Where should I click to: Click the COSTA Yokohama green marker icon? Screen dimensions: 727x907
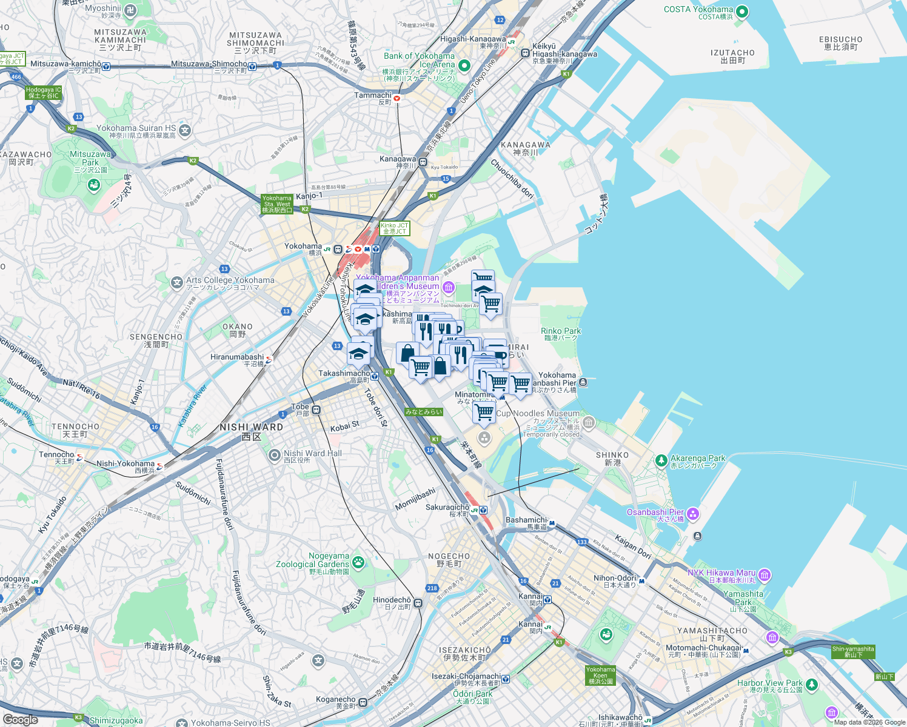tap(741, 12)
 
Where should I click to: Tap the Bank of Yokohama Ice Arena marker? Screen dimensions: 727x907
tap(464, 65)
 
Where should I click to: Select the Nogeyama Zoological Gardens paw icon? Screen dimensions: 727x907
tap(358, 563)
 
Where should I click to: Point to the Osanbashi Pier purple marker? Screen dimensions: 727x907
tap(693, 514)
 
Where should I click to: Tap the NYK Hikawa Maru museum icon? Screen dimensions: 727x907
tap(765, 575)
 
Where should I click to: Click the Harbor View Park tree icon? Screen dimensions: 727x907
tap(811, 685)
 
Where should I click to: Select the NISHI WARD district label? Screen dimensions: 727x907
tap(251, 427)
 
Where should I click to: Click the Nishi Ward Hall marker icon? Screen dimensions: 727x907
tap(274, 455)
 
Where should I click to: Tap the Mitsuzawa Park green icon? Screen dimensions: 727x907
tap(93, 184)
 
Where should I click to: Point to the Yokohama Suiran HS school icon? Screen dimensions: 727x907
tap(185, 130)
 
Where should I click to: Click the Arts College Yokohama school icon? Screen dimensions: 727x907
tap(176, 282)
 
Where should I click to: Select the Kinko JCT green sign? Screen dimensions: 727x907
tap(394, 228)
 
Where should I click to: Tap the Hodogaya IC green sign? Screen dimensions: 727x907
tap(44, 93)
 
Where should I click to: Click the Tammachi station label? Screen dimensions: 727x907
tap(373, 95)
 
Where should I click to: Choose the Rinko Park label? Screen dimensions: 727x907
tap(560, 331)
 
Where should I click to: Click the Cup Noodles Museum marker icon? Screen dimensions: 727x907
tap(589, 422)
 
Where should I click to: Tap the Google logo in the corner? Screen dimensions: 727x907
tap(21, 719)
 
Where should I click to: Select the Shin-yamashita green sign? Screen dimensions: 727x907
tap(852, 652)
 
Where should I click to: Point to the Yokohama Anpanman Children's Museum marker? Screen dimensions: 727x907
tap(449, 287)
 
